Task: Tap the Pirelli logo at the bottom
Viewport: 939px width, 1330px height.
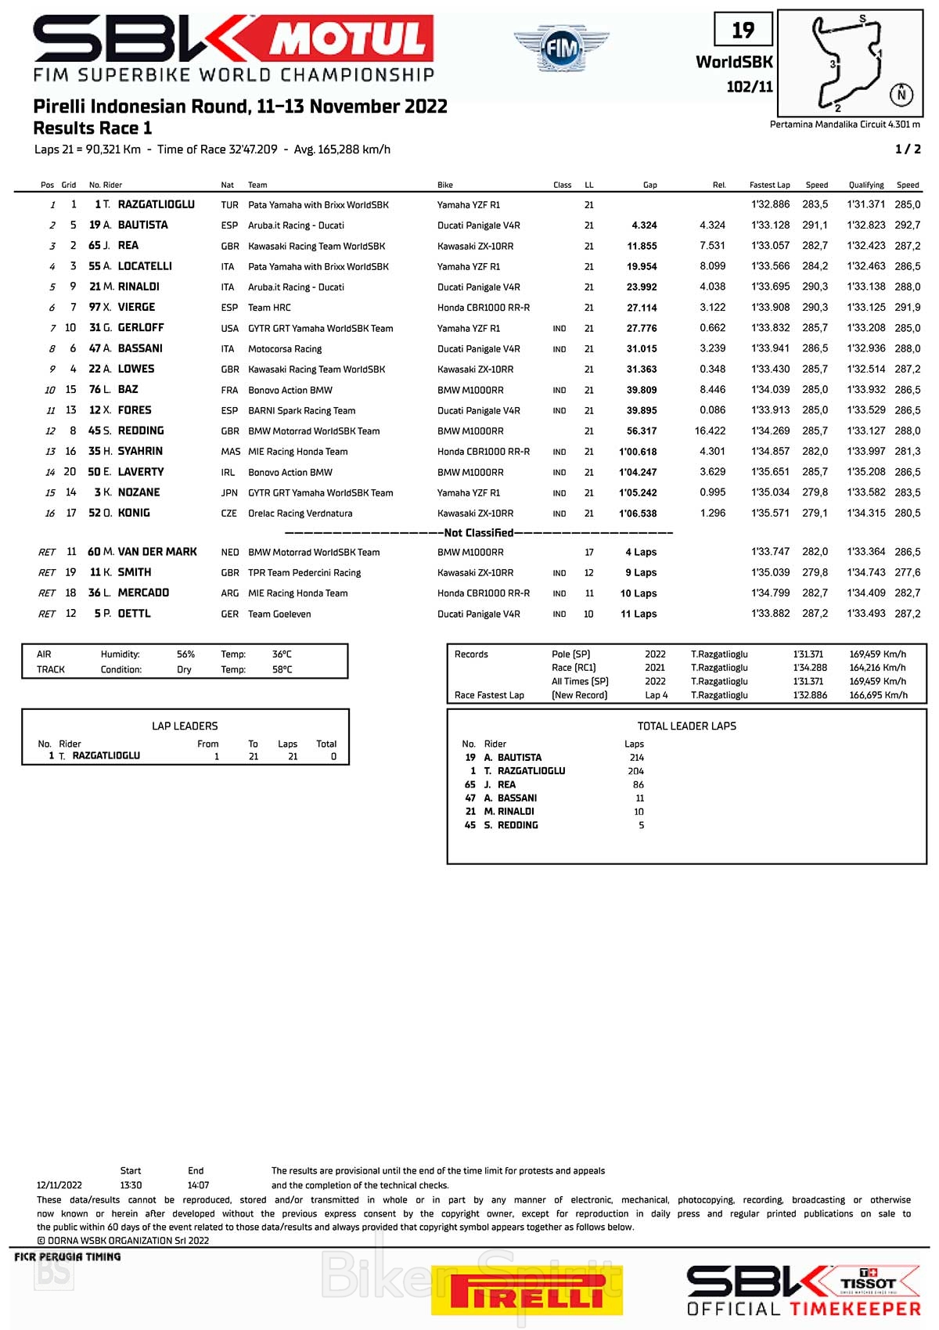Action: coord(527,1290)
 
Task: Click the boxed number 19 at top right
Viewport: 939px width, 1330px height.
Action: coord(743,31)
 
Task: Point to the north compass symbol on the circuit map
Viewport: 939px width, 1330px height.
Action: coord(901,95)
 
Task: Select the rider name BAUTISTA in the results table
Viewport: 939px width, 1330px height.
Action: coord(142,225)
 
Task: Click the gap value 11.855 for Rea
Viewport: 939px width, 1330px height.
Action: coord(642,246)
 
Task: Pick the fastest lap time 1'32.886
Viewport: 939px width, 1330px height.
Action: coord(770,204)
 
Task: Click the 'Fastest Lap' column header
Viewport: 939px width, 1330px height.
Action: coord(769,186)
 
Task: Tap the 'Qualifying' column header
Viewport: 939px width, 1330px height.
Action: coord(866,186)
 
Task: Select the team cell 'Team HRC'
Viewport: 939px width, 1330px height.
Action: coord(269,308)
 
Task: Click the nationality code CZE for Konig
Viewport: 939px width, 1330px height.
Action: coord(229,514)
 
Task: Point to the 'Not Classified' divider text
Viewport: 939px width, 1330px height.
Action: coord(479,533)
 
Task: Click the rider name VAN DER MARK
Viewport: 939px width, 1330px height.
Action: coord(157,552)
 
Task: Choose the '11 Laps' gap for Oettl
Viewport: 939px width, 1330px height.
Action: coord(639,615)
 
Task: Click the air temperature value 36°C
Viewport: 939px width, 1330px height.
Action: coord(282,654)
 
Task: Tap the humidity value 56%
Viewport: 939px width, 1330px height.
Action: coord(185,654)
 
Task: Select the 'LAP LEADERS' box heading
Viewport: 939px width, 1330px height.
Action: coord(185,726)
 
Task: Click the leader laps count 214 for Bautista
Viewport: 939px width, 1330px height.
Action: coord(636,758)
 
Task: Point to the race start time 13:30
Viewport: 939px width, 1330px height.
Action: coord(131,1185)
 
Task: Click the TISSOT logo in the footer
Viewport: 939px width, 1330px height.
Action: coord(868,1283)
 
